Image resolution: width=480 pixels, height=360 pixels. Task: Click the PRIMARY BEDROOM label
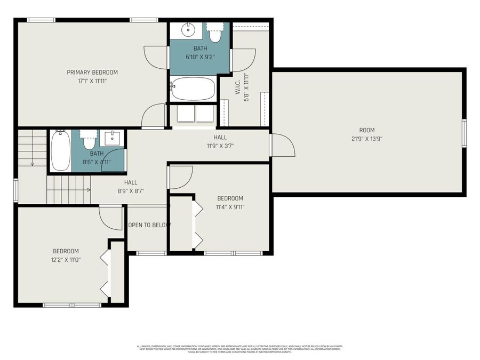[92, 72]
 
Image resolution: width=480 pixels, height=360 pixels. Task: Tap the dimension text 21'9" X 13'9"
[366, 139]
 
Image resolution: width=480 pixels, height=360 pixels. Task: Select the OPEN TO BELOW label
[149, 225]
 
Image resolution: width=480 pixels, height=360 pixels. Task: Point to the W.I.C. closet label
[238, 86]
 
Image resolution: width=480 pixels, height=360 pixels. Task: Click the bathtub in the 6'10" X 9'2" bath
[193, 89]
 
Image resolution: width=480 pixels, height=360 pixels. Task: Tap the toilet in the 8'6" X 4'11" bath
[89, 141]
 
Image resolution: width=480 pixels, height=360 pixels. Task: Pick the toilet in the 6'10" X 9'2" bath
[215, 33]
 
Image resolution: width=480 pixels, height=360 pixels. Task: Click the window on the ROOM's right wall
[464, 133]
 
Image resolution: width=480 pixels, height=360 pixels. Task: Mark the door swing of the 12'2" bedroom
[111, 218]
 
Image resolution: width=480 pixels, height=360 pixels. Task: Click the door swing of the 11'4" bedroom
[181, 178]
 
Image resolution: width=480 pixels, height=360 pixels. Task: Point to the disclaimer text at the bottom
[239, 349]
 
